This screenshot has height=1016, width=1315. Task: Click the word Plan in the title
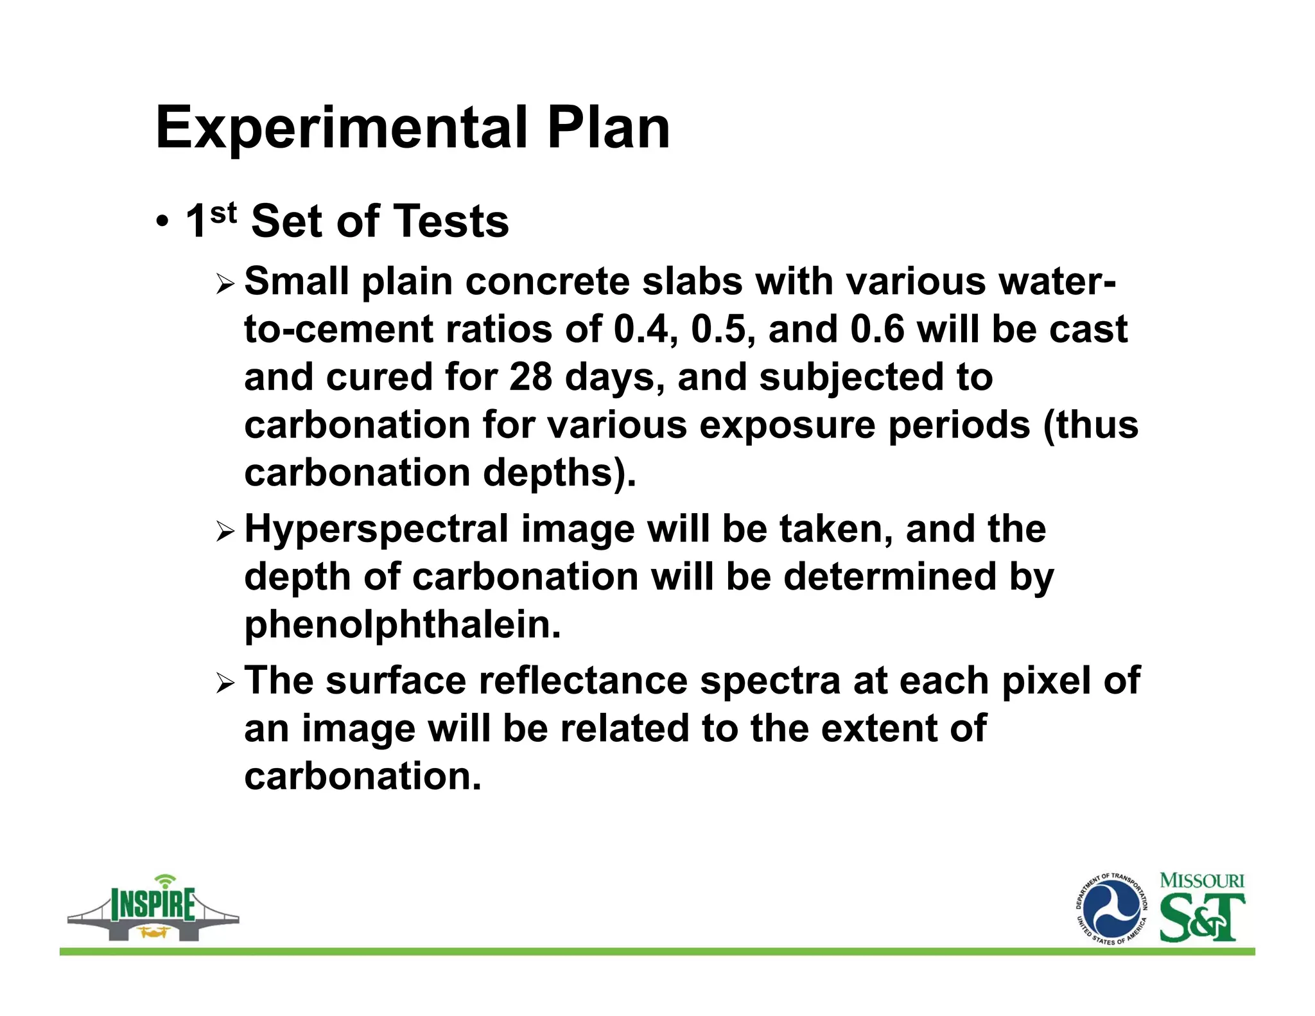(607, 128)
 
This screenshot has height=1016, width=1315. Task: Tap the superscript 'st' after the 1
(223, 213)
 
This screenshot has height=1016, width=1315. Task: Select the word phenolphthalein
(403, 625)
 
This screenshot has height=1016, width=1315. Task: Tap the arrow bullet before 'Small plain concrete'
(225, 283)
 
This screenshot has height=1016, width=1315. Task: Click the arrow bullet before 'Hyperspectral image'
(225, 531)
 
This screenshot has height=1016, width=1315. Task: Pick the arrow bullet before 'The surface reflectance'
(225, 683)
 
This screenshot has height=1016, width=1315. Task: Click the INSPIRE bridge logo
(153, 908)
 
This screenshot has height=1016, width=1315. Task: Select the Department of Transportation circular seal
(1111, 909)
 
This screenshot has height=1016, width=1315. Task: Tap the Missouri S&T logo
(1201, 907)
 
